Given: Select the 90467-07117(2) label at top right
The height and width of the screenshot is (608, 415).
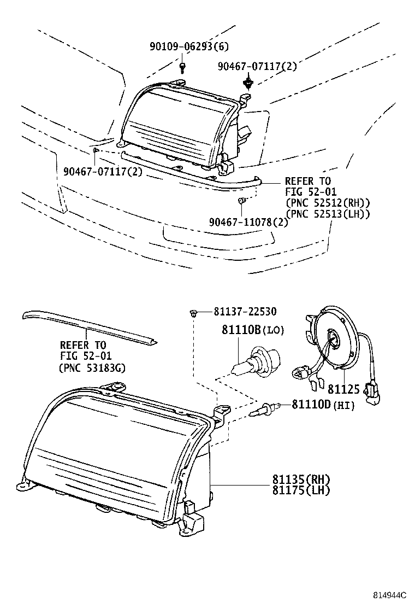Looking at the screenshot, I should [x=257, y=66].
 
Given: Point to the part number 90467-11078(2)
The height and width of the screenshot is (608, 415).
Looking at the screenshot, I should [x=248, y=221].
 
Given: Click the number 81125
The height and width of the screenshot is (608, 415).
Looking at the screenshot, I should [x=343, y=389].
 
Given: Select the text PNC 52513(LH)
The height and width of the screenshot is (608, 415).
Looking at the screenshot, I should [x=328, y=213].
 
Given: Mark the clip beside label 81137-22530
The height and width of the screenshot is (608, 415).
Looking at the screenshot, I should [x=193, y=313].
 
